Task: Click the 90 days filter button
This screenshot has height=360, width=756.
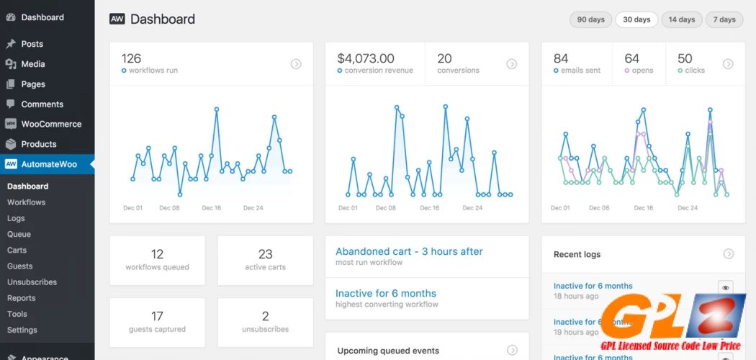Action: tap(591, 19)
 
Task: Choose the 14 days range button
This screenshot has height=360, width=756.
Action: tap(682, 19)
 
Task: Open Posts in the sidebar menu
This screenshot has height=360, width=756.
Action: tap(32, 44)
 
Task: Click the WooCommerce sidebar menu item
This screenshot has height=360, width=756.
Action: tap(50, 124)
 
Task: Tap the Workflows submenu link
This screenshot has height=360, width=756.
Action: tap(26, 202)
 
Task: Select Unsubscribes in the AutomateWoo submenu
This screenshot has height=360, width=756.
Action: tap(32, 282)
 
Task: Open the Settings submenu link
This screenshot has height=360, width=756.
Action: tap(22, 330)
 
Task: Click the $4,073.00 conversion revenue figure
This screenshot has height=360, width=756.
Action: tap(366, 58)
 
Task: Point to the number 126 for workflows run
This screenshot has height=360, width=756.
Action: tap(131, 58)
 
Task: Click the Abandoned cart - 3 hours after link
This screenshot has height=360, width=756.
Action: tap(409, 251)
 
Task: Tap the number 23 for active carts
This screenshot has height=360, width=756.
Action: tap(265, 254)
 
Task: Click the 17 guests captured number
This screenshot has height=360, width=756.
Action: tap(157, 316)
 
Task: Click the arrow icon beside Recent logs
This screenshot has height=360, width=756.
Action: tap(729, 253)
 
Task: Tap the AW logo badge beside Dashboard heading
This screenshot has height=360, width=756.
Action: tap(117, 19)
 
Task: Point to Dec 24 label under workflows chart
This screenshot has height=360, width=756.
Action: tap(253, 208)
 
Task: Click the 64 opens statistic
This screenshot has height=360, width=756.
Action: tap(631, 58)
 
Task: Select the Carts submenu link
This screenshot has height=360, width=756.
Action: tap(17, 250)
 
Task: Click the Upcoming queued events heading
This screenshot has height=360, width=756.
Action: tap(388, 351)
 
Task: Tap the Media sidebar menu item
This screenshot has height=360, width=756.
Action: tap(32, 64)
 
